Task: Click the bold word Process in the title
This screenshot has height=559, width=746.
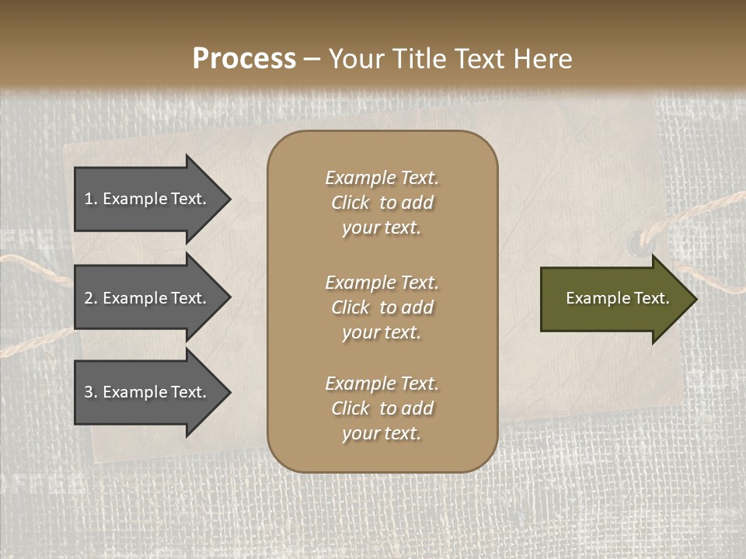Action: (x=244, y=59)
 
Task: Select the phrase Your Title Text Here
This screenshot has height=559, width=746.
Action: (x=451, y=59)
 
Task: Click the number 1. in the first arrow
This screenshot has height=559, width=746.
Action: (x=91, y=199)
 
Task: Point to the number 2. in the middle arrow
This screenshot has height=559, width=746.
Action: (x=91, y=298)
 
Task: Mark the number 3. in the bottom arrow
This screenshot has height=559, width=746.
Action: (x=91, y=392)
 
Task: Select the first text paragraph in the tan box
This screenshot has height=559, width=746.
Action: (x=382, y=203)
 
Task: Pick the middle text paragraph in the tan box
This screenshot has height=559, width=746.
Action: (x=382, y=307)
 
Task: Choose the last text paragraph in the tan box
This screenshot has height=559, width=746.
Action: (x=382, y=408)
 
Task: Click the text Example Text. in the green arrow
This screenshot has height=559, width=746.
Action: (x=618, y=298)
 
